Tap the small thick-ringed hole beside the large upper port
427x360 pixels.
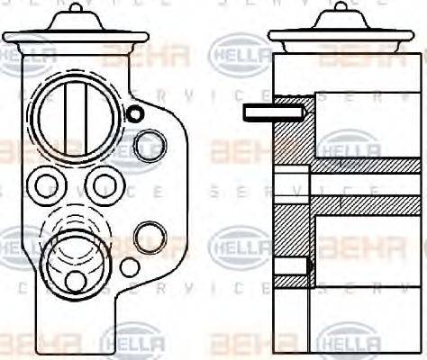[135, 113]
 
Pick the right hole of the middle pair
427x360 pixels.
[104, 186]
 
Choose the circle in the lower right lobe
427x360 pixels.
[149, 236]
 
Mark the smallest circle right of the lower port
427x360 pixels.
[130, 266]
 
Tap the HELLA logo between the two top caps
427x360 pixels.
[235, 53]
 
